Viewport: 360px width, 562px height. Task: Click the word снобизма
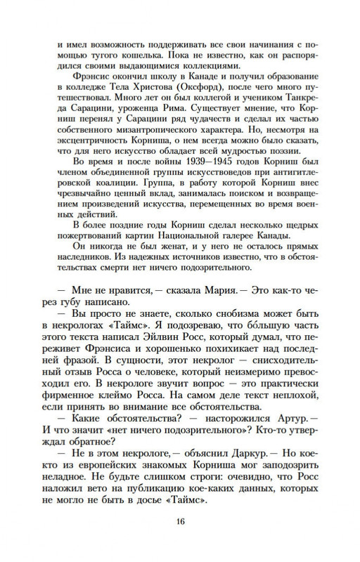point(208,331)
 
